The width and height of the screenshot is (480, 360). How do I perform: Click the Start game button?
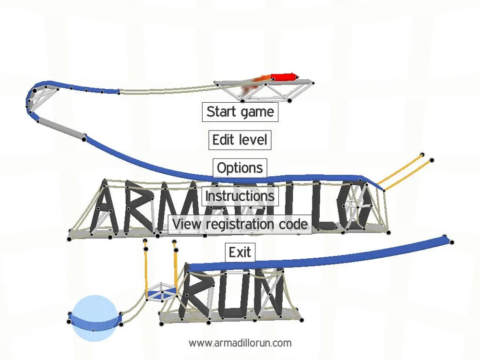pyautogui.click(x=240, y=112)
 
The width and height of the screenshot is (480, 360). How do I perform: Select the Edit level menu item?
pyautogui.click(x=240, y=140)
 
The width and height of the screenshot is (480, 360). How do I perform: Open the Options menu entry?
pyautogui.click(x=240, y=168)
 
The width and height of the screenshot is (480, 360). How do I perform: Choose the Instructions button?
pyautogui.click(x=240, y=196)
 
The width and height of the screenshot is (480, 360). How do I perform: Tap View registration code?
pyautogui.click(x=240, y=224)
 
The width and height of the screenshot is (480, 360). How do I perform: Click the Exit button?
pyautogui.click(x=240, y=252)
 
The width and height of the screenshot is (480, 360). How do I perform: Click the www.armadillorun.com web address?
pyautogui.click(x=240, y=343)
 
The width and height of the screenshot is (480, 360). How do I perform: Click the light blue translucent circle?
pyautogui.click(x=94, y=318)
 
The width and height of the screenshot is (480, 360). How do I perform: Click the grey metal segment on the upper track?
pyautogui.click(x=61, y=129)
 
